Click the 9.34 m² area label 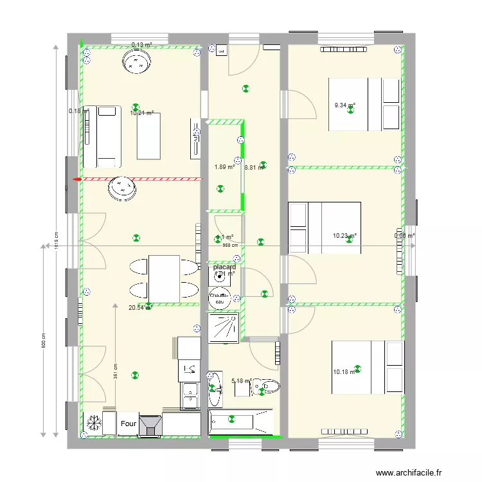(x=344, y=105)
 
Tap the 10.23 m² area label (x=344, y=236)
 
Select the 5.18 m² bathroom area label (x=241, y=381)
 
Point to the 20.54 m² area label (x=139, y=308)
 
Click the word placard (x=225, y=267)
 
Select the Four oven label (x=128, y=424)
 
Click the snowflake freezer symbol (x=93, y=424)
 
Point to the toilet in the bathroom (x=266, y=387)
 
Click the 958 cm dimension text (x=230, y=245)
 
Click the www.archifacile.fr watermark (x=409, y=473)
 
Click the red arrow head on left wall (x=76, y=180)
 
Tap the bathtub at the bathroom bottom (x=241, y=422)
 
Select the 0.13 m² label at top (x=141, y=45)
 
